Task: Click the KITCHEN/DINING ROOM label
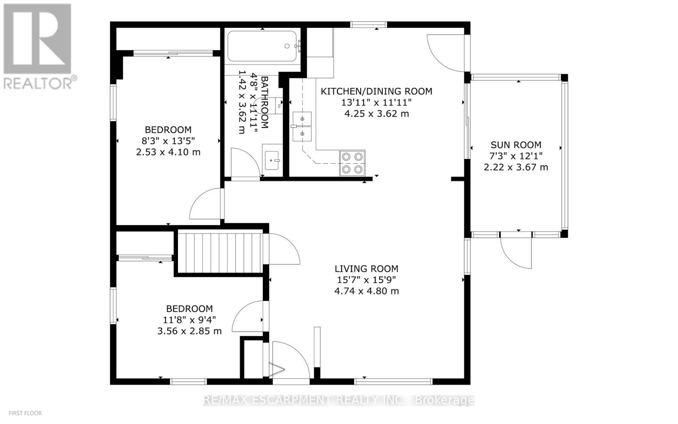click(x=376, y=91)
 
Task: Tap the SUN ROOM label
click(x=516, y=145)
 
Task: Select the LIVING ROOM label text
click(x=366, y=268)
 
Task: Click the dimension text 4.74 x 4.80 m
click(x=366, y=291)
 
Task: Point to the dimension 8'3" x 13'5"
click(x=168, y=141)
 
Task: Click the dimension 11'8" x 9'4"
click(x=189, y=320)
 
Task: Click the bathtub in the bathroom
click(x=263, y=46)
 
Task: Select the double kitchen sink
click(x=302, y=126)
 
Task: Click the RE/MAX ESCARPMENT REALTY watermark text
click(x=339, y=400)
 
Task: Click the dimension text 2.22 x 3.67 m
click(x=516, y=167)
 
